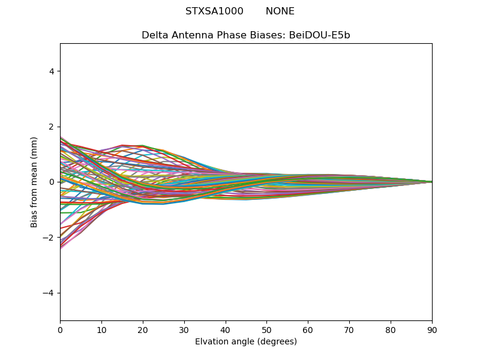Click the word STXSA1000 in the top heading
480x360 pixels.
click(x=214, y=11)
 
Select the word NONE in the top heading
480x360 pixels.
click(x=280, y=11)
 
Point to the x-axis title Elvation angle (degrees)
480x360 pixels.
click(x=246, y=342)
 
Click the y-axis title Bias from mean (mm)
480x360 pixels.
click(x=35, y=182)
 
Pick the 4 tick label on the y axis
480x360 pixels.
click(x=52, y=71)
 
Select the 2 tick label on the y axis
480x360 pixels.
click(x=52, y=127)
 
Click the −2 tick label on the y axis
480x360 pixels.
click(x=49, y=238)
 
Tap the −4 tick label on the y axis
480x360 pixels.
click(x=49, y=293)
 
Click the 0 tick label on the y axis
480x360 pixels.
click(x=52, y=182)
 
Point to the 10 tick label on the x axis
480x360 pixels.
click(x=101, y=329)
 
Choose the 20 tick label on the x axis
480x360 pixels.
click(x=143, y=329)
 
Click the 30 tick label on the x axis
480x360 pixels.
click(x=184, y=329)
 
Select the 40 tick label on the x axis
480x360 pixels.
click(x=226, y=329)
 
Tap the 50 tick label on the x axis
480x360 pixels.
click(x=266, y=329)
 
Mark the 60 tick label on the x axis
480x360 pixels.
click(x=308, y=329)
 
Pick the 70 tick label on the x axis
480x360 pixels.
click(x=349, y=329)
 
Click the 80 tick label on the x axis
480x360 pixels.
click(x=391, y=329)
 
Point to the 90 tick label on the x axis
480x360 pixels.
click(x=432, y=329)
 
